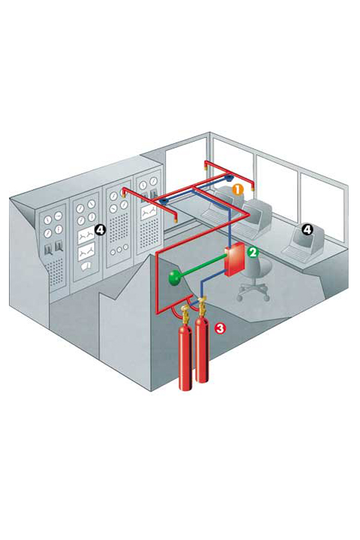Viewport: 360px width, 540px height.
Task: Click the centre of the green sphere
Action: tap(175, 277)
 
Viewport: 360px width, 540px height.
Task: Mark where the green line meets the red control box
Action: tap(225, 257)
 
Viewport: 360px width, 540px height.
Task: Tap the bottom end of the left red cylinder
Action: tap(185, 388)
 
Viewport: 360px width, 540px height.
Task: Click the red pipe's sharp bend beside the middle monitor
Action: tap(248, 214)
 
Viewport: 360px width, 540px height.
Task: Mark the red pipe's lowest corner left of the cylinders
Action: tap(157, 313)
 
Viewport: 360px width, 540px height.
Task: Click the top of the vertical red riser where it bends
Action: tap(157, 253)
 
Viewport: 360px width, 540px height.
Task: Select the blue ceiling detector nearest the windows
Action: tap(229, 179)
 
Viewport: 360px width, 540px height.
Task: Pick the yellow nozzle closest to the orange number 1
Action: tap(253, 188)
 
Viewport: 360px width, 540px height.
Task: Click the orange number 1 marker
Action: tap(238, 190)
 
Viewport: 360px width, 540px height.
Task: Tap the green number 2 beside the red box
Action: tap(253, 253)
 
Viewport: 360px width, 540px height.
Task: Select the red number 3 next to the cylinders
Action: tap(220, 328)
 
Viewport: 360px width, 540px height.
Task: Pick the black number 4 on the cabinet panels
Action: tap(100, 230)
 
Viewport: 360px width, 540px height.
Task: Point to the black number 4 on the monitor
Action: tap(307, 229)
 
